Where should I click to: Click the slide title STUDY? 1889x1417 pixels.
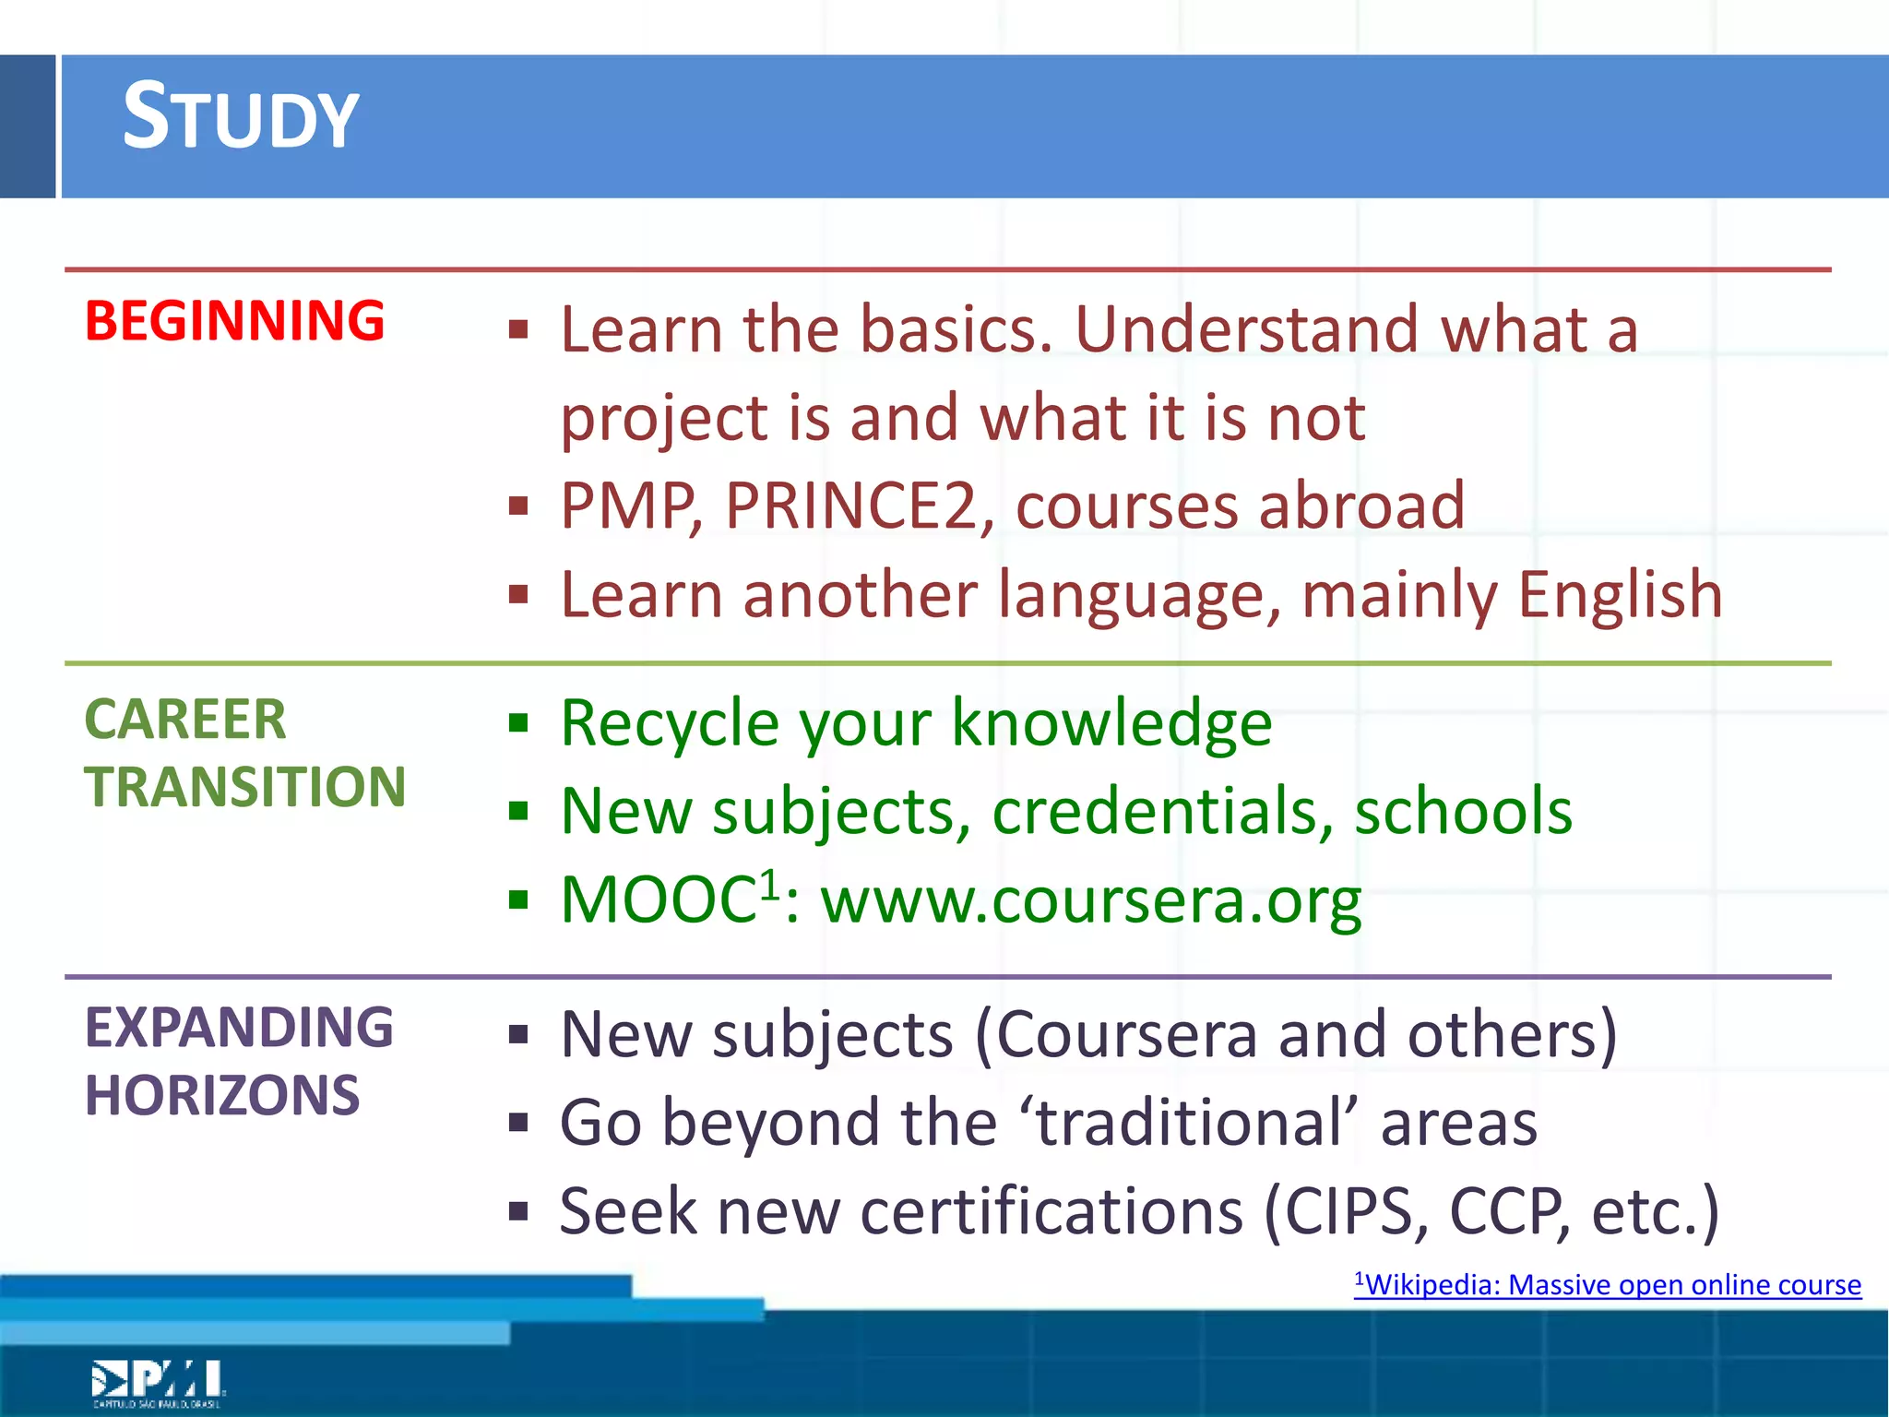pos(240,117)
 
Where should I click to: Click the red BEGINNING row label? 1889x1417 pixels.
pos(234,321)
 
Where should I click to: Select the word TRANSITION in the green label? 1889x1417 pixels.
pos(245,787)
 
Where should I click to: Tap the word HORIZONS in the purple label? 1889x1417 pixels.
pos(222,1096)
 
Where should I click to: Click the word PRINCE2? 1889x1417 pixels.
pos(849,506)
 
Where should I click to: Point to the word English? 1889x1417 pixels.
pos(1621,595)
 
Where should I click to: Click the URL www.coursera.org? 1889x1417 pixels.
pos(1090,900)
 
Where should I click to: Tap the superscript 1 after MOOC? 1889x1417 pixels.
pos(770,886)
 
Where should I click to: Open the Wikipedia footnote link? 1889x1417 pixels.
pos(1607,1285)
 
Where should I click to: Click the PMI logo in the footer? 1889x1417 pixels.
pos(158,1382)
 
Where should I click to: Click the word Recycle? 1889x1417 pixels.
pos(670,723)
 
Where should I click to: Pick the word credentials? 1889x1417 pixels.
pos(1162,812)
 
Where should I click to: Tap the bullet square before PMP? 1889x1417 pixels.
pos(518,506)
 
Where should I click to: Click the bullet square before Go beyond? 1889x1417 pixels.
pos(518,1123)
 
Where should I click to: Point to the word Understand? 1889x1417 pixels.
pos(1247,329)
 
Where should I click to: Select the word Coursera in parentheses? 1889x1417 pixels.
pos(1127,1035)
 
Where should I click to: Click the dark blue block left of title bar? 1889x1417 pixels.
pos(27,126)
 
